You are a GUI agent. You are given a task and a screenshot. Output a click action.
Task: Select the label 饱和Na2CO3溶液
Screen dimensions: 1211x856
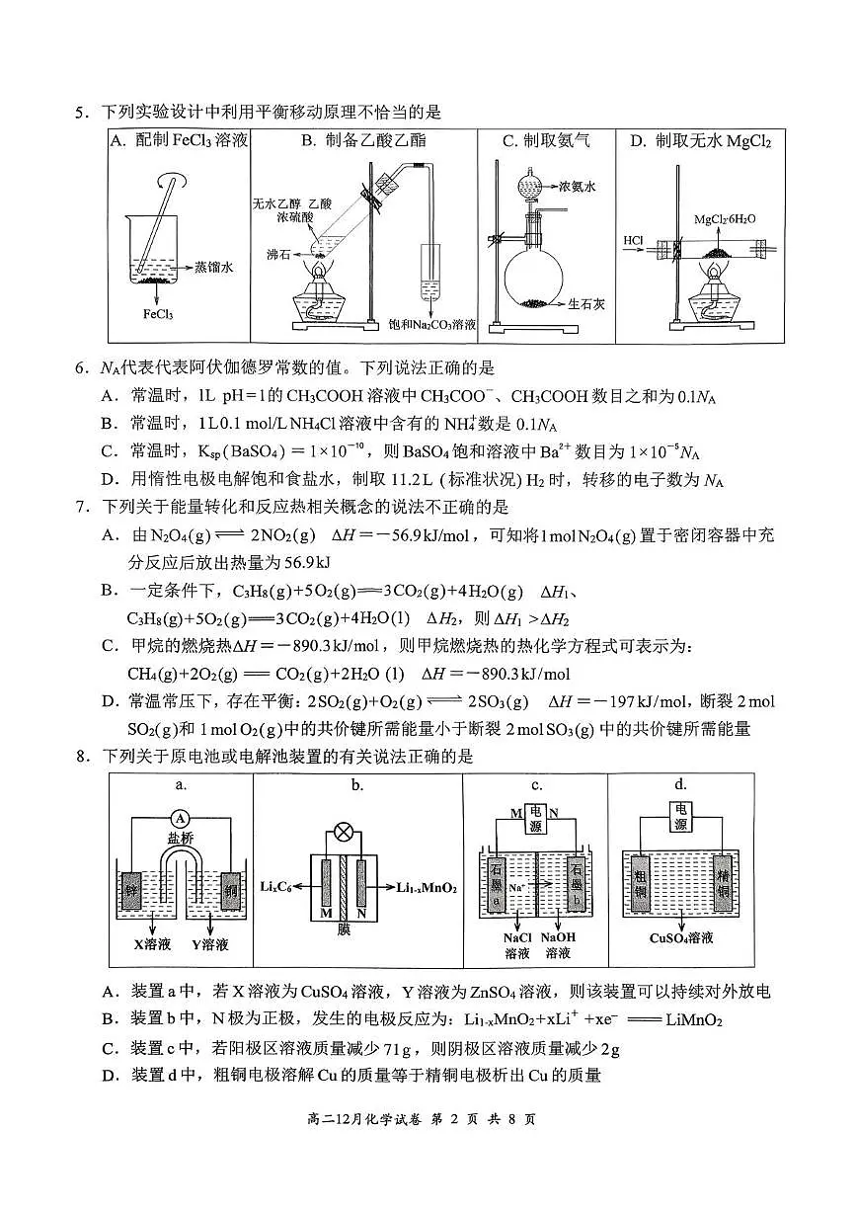tap(432, 324)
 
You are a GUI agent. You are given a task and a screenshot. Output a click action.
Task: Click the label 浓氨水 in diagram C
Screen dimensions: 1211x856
tap(578, 186)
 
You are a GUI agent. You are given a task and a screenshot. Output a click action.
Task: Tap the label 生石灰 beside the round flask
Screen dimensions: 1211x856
tap(586, 304)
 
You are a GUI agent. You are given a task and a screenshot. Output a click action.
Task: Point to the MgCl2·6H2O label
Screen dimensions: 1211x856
tap(725, 218)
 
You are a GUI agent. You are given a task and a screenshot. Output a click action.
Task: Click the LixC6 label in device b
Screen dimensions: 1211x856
tap(282, 887)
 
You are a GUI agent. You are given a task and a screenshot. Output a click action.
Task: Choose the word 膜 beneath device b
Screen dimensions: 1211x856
tap(344, 929)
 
